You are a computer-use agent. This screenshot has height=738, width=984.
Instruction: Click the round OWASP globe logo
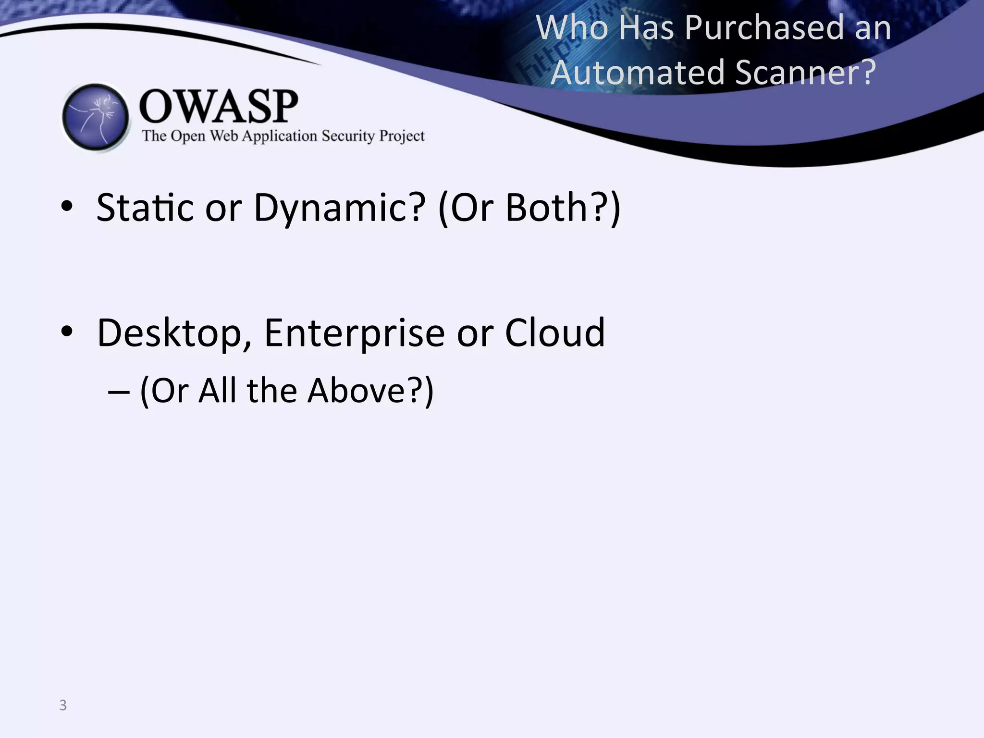click(96, 117)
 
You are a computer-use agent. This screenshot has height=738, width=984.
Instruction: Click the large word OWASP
click(219, 106)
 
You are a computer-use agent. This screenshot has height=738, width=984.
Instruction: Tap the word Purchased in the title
click(764, 28)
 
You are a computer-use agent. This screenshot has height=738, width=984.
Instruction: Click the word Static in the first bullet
click(145, 207)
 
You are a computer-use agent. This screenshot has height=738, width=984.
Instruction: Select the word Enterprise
click(354, 333)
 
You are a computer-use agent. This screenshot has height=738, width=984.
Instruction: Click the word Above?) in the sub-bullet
click(370, 390)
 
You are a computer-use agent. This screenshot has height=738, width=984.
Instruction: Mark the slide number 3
click(63, 705)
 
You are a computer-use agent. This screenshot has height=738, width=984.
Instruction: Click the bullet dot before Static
click(67, 207)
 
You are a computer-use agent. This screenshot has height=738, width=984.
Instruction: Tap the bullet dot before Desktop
click(67, 332)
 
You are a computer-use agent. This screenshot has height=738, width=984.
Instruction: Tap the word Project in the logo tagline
click(402, 136)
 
